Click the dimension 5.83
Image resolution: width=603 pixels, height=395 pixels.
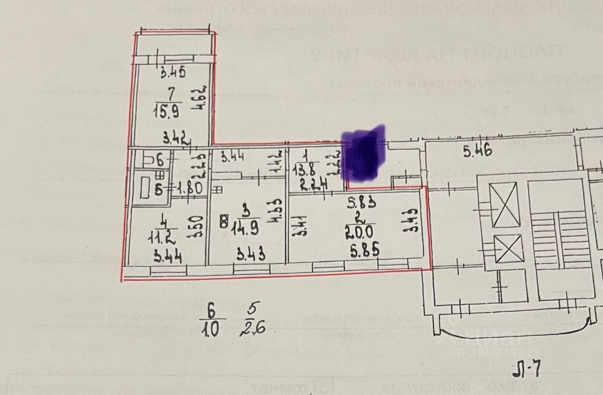coord(361,203)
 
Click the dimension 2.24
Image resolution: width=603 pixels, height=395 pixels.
coord(310,185)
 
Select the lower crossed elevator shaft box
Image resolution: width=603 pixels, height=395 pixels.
coord(508,249)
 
